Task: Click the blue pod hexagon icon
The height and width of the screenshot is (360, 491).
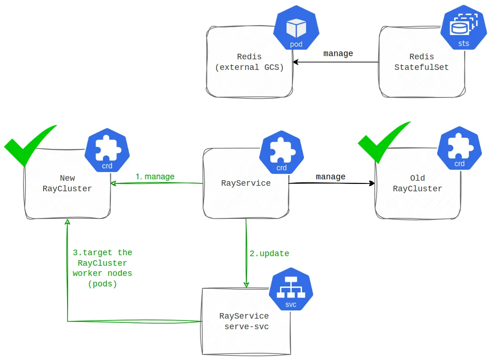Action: coord(296,28)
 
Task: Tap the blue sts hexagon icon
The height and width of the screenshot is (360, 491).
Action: coord(463,27)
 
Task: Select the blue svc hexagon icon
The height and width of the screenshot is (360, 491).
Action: coord(291,289)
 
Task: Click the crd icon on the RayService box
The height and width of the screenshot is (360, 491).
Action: coord(281,152)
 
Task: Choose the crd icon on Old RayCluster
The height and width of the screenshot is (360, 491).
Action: coord(459,148)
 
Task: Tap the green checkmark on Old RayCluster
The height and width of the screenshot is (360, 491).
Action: coord(384,142)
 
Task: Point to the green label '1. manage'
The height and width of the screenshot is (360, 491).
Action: coord(155,177)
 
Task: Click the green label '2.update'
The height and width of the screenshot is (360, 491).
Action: coord(269,253)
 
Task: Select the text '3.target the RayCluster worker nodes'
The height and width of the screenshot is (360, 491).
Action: coord(103,263)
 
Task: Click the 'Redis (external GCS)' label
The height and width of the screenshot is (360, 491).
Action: coord(249,62)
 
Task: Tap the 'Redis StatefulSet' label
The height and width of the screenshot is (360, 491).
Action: coord(422,62)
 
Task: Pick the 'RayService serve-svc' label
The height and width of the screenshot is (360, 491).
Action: coord(245,321)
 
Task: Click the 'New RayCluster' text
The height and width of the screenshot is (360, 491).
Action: coord(67,183)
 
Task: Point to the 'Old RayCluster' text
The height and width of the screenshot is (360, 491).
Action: coord(417,183)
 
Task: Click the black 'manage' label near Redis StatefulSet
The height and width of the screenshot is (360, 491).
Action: coord(338,53)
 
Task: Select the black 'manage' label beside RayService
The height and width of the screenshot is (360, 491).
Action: coord(331,177)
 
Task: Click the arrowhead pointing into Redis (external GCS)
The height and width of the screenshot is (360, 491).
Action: coord(296,62)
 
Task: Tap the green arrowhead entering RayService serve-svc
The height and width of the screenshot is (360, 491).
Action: coord(246,285)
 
